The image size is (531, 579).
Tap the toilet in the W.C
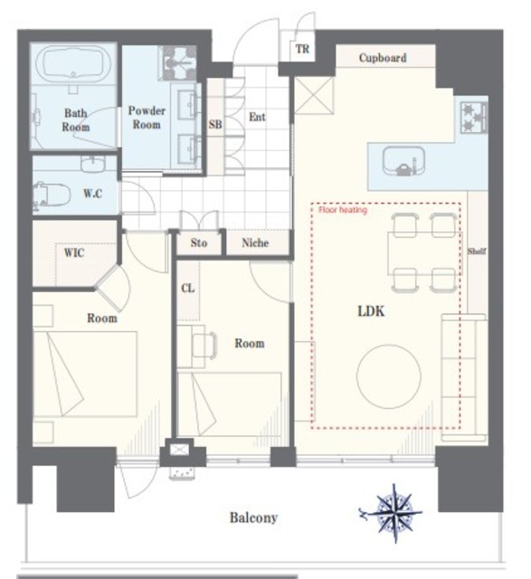click(51, 193)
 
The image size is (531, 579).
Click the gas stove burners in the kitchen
click(474, 118)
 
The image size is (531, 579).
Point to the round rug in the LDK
click(389, 376)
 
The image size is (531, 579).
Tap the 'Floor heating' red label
click(343, 210)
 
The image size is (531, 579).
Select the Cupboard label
click(383, 58)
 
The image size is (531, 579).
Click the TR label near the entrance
click(302, 49)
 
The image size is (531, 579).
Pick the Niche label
click(255, 242)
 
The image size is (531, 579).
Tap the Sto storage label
click(199, 242)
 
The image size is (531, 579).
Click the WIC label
click(74, 253)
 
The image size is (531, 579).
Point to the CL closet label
click(187, 288)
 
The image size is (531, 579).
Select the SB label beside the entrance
click(215, 124)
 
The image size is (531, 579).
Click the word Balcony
click(253, 517)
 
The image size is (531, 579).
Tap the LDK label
click(371, 311)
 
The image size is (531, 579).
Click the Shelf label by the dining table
click(477, 252)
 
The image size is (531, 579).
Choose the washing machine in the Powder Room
click(177, 62)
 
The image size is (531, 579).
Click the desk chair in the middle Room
click(204, 346)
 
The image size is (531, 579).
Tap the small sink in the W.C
click(93, 164)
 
